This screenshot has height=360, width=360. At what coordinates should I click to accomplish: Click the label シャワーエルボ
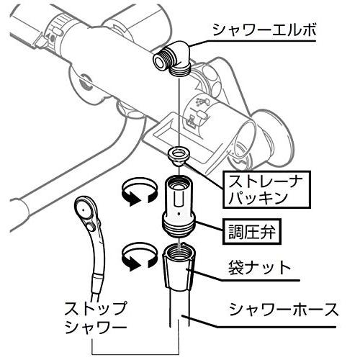point(264,30)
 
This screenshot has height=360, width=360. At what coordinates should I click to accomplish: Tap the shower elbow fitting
point(172,60)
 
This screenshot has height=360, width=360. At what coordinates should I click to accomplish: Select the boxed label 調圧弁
point(252,232)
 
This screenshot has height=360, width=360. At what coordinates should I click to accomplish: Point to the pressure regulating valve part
point(179,207)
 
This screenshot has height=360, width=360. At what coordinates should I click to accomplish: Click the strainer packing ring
point(179,156)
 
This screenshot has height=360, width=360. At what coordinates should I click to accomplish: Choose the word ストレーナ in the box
point(266,181)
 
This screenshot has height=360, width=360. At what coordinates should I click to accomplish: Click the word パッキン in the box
point(258,198)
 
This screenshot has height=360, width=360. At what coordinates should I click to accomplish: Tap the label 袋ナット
point(259,268)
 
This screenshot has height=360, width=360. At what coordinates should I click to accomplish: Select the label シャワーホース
point(284,310)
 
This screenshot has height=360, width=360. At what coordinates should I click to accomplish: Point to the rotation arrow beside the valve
point(140,192)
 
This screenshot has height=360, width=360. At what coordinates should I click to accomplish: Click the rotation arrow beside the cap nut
point(140,257)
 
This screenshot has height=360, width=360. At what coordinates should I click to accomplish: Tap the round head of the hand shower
point(85,208)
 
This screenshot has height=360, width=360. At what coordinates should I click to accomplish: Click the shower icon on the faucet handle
point(201,102)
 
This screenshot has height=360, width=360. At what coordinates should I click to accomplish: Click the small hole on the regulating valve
point(179,213)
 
